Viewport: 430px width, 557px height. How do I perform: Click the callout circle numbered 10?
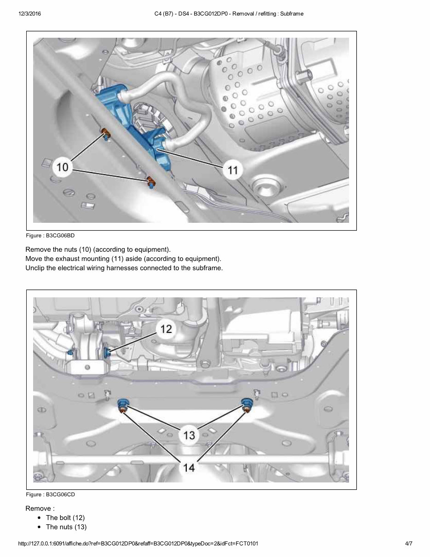point(62,166)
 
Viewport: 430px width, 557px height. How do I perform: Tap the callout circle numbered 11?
point(233,170)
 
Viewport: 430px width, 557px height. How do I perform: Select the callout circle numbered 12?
point(166,329)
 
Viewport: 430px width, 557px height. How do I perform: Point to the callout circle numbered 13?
point(189,435)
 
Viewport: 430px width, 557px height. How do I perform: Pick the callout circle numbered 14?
point(189,467)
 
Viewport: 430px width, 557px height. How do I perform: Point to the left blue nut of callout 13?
point(123,404)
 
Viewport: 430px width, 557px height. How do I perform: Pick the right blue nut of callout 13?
point(247,404)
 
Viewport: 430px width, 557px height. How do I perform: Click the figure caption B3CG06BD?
point(50,235)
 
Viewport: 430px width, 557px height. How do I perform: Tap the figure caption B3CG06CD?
point(50,494)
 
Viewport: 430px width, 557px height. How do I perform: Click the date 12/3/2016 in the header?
point(30,14)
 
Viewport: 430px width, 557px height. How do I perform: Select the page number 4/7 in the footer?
point(408,544)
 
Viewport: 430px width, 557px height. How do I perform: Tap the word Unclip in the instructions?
point(35,268)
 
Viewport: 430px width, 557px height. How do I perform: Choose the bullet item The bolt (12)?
point(65,518)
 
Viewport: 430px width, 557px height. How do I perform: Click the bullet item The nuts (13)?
point(66,527)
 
